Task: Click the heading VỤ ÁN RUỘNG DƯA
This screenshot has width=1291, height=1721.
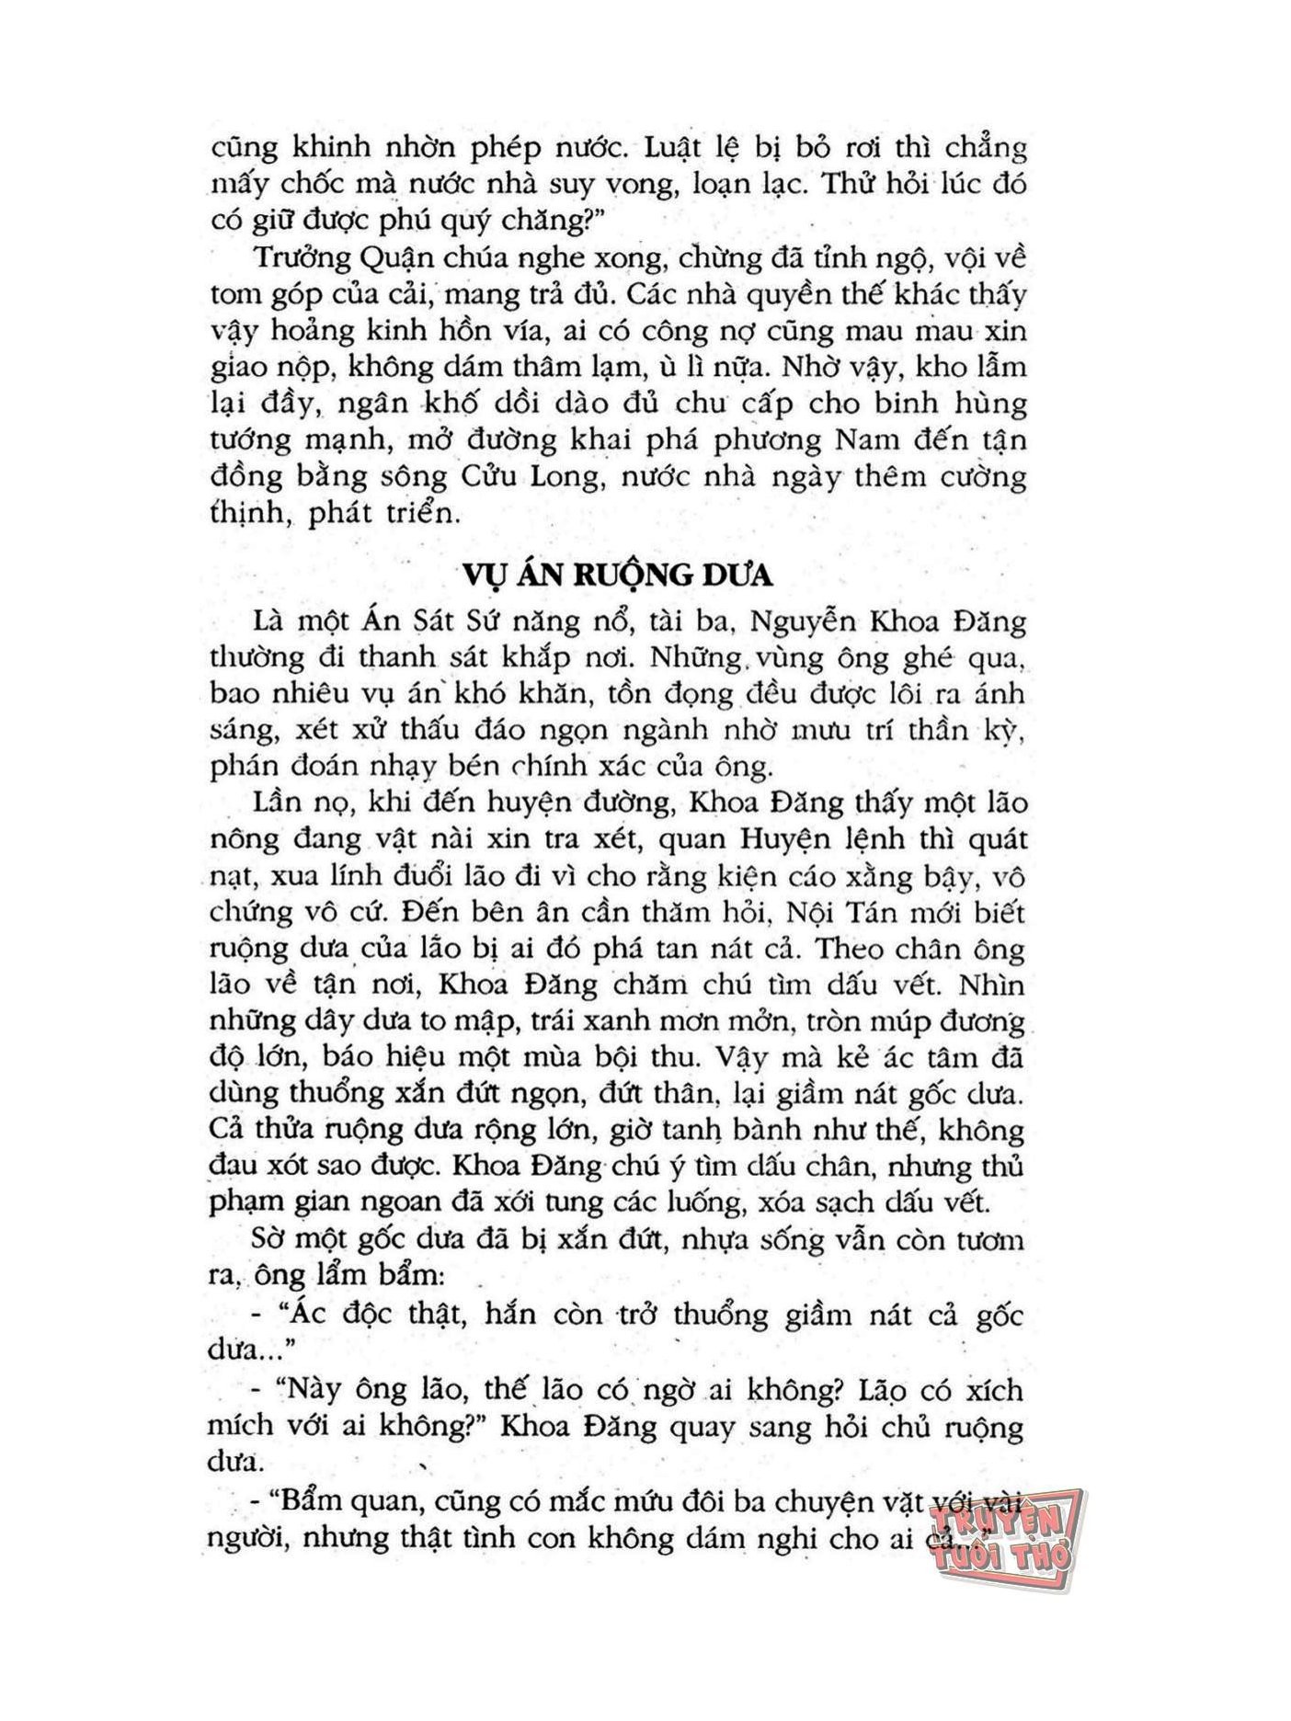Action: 617,574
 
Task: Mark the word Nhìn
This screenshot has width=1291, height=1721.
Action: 991,985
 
